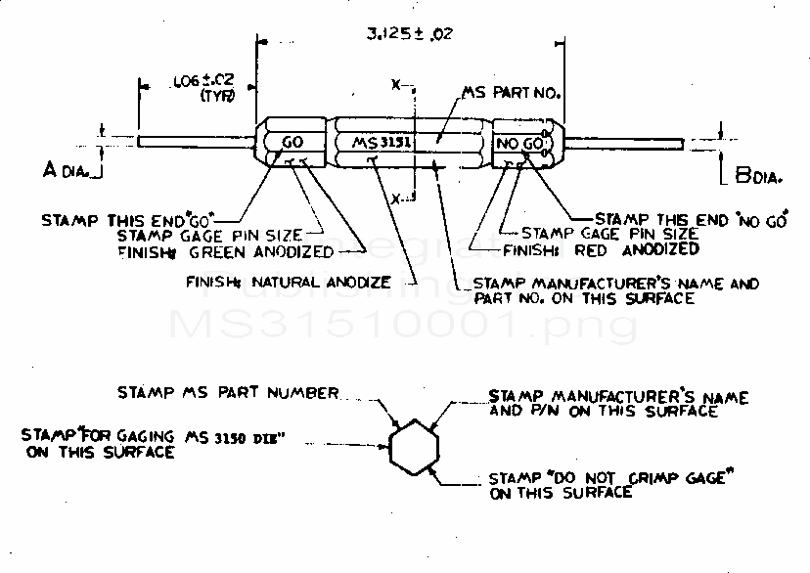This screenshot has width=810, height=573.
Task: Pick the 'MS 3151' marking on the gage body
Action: (383, 143)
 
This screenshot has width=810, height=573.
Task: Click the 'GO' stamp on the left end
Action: (292, 143)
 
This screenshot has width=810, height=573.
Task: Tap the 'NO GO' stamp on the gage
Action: (518, 144)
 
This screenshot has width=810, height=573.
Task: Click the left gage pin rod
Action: (196, 142)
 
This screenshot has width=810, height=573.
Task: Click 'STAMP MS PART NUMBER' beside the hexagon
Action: (228, 392)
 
